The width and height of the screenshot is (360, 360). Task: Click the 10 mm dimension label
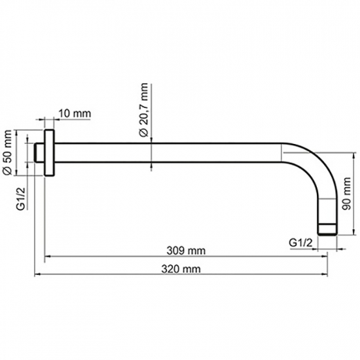click(x=75, y=113)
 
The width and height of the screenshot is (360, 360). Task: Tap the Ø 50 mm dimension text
click(x=7, y=153)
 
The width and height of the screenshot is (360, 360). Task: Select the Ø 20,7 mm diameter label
click(x=144, y=110)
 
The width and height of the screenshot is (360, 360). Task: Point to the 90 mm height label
click(x=346, y=194)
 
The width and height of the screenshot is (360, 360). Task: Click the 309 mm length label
click(x=186, y=251)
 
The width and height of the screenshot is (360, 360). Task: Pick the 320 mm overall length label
click(x=181, y=269)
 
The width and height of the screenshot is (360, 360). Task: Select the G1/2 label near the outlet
click(x=301, y=242)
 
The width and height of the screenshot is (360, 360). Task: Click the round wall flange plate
click(x=49, y=153)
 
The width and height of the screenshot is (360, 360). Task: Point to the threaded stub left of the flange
click(x=39, y=153)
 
